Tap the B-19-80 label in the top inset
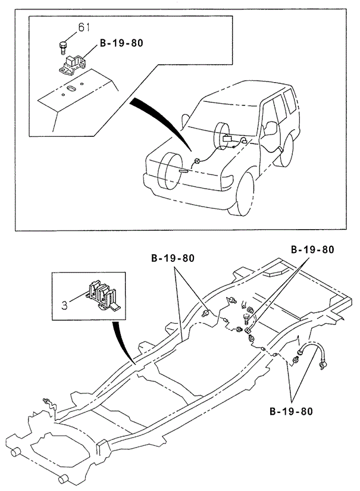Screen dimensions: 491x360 point(121,43)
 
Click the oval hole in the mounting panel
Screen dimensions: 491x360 point(70,89)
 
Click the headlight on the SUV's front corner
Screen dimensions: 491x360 point(229,177)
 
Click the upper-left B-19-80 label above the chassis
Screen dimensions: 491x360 point(173,258)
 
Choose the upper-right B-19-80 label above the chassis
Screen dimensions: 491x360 point(312,250)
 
